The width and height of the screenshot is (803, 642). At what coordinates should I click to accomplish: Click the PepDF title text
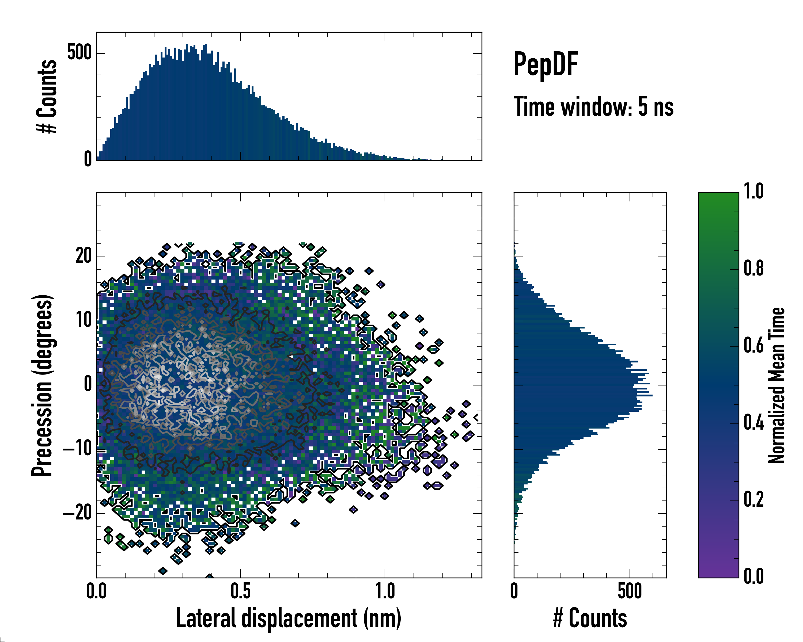[x=546, y=64]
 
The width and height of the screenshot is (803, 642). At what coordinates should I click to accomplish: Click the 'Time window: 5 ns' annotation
[x=593, y=107]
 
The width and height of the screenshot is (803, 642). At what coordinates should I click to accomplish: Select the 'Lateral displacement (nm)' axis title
[x=289, y=618]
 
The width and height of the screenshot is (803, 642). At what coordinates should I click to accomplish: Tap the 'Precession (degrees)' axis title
[x=42, y=385]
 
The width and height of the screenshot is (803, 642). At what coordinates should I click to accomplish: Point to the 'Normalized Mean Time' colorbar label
[x=777, y=385]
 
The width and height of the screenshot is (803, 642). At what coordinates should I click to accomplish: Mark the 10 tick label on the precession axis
[x=84, y=320]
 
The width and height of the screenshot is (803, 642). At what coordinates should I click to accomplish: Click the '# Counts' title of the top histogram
[x=47, y=96]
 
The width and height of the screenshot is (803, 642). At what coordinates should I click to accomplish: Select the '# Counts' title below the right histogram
[x=590, y=618]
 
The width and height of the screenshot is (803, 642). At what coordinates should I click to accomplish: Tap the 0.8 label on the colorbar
[x=753, y=269]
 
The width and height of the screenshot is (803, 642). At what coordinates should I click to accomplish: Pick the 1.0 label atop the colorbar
[x=753, y=192]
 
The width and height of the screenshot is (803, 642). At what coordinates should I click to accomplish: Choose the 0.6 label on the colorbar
[x=753, y=346]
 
